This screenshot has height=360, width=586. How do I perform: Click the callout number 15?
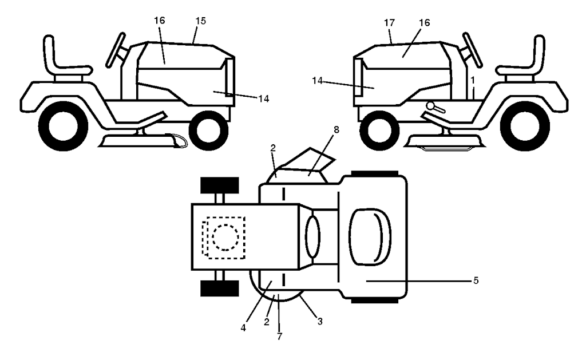coord(200,21)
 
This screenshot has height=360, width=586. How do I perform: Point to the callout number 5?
coord(476,281)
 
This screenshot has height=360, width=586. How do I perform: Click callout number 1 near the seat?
coord(473,78)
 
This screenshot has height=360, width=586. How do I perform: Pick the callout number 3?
coord(319,321)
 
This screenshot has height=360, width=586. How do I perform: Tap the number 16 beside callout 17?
coord(424,23)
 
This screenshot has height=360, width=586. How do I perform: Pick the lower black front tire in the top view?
coord(219,287)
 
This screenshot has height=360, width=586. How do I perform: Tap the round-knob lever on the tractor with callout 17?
coord(433,106)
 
